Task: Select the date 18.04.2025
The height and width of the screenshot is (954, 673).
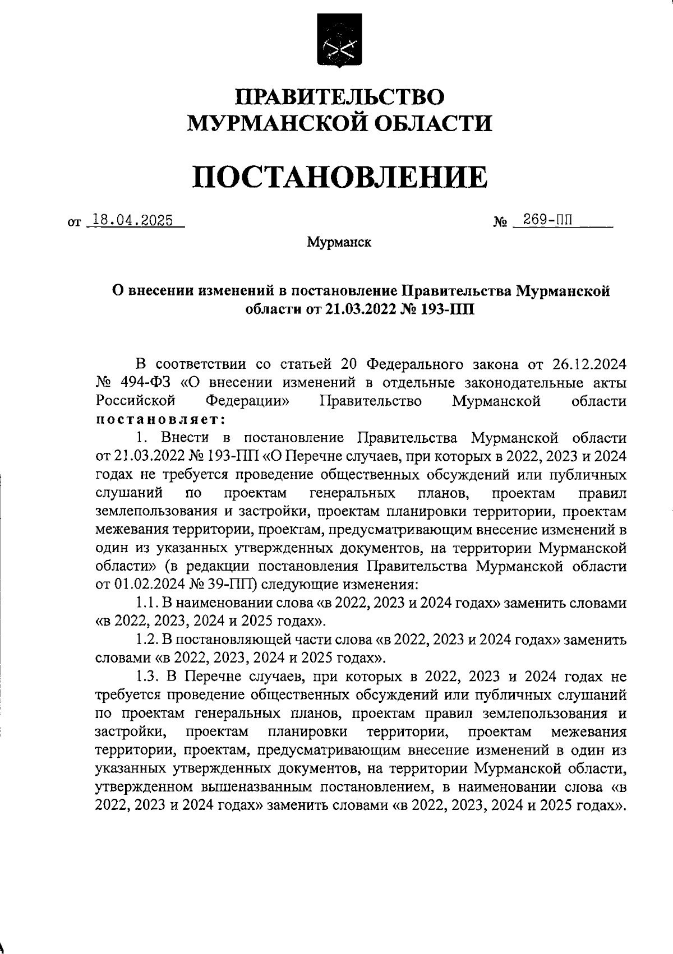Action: (x=132, y=221)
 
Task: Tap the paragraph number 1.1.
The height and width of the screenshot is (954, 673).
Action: (x=148, y=603)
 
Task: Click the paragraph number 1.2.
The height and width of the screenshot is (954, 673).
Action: (x=148, y=640)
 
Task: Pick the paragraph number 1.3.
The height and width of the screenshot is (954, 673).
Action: (x=148, y=677)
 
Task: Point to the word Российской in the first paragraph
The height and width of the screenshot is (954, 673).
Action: (x=136, y=401)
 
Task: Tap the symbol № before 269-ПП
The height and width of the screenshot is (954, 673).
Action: (x=500, y=223)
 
